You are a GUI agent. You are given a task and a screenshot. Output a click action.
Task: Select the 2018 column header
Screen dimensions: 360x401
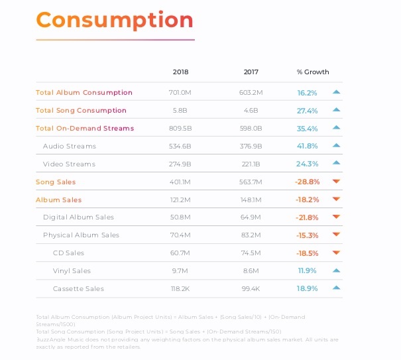[180, 72]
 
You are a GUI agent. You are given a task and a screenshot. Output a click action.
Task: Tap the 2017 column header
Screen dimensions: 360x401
[251, 72]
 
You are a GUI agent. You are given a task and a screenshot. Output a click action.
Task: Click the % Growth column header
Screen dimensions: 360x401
[313, 72]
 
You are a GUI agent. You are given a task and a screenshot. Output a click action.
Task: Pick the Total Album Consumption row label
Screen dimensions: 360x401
[84, 93]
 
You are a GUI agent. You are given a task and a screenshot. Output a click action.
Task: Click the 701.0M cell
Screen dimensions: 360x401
[180, 93]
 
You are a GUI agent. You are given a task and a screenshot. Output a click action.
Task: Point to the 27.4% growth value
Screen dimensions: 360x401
[308, 111]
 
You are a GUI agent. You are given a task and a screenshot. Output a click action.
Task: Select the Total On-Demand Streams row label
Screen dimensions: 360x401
[85, 129]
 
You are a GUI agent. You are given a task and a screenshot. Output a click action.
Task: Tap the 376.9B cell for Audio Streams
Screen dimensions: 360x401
[251, 146]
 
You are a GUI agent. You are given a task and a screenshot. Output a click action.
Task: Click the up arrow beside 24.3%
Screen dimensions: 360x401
[336, 163]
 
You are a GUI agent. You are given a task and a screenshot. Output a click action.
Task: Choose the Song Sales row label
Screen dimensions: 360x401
[56, 182]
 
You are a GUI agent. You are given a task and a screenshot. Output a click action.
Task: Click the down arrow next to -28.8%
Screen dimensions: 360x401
[336, 182]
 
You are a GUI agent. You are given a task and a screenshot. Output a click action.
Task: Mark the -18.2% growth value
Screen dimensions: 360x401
[308, 200]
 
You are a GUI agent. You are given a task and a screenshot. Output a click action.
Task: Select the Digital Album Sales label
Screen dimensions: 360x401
[78, 217]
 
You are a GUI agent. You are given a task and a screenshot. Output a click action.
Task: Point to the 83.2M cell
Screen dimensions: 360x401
[251, 235]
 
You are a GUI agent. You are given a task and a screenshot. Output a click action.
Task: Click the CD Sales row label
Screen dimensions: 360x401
[68, 253]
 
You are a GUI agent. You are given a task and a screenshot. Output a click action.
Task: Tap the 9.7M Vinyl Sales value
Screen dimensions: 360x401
[180, 271]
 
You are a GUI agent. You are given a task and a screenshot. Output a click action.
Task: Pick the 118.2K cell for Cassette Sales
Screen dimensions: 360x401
[180, 289]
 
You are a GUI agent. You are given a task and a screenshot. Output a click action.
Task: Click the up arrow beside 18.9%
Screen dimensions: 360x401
[336, 288]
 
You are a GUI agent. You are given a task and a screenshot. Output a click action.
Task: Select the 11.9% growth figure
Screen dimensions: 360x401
[308, 271]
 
